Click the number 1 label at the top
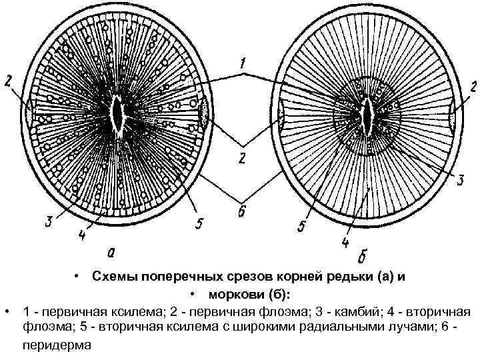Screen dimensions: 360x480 (244, 64)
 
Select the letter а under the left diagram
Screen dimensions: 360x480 (111, 252)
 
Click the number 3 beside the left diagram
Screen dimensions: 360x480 (49, 222)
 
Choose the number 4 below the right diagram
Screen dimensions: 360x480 (345, 241)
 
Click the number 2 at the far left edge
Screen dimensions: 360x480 (7, 82)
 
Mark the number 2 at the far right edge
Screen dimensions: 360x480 (471, 87)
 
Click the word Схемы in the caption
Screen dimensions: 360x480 (113, 277)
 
